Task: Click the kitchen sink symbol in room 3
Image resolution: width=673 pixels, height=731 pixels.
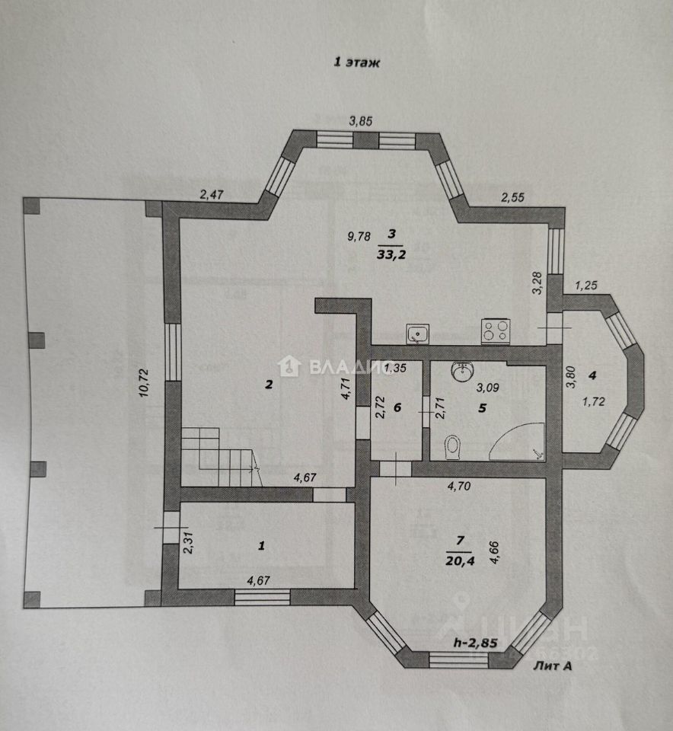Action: click(418, 333)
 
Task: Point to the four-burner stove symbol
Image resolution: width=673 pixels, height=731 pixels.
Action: click(496, 331)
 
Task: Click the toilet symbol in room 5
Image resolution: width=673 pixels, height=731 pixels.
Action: click(453, 445)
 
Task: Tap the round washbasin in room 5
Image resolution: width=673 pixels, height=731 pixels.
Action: click(462, 372)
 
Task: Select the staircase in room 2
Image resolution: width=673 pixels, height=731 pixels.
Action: click(218, 455)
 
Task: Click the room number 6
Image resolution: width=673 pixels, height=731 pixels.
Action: click(398, 407)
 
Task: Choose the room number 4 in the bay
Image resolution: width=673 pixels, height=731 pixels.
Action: click(594, 374)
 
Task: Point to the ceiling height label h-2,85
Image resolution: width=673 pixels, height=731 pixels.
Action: click(475, 643)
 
